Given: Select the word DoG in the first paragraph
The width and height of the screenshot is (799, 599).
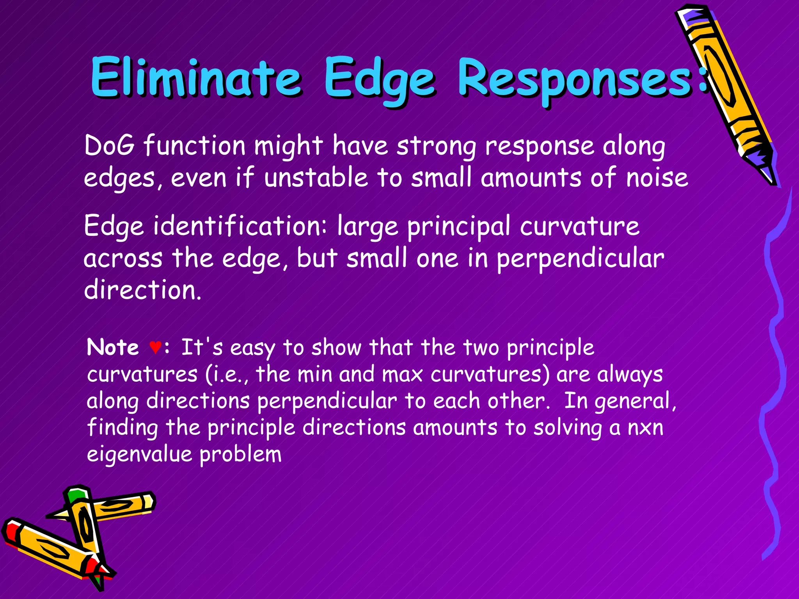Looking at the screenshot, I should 110,145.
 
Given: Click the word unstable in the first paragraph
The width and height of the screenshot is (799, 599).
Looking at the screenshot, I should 316,177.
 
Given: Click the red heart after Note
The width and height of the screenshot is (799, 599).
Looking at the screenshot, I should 155,347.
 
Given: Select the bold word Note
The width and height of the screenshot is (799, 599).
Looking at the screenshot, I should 113,347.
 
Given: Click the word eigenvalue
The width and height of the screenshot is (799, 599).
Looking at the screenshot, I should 139,455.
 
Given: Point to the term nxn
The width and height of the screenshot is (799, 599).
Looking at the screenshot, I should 645,428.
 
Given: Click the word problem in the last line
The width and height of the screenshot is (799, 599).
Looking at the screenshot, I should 240,455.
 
